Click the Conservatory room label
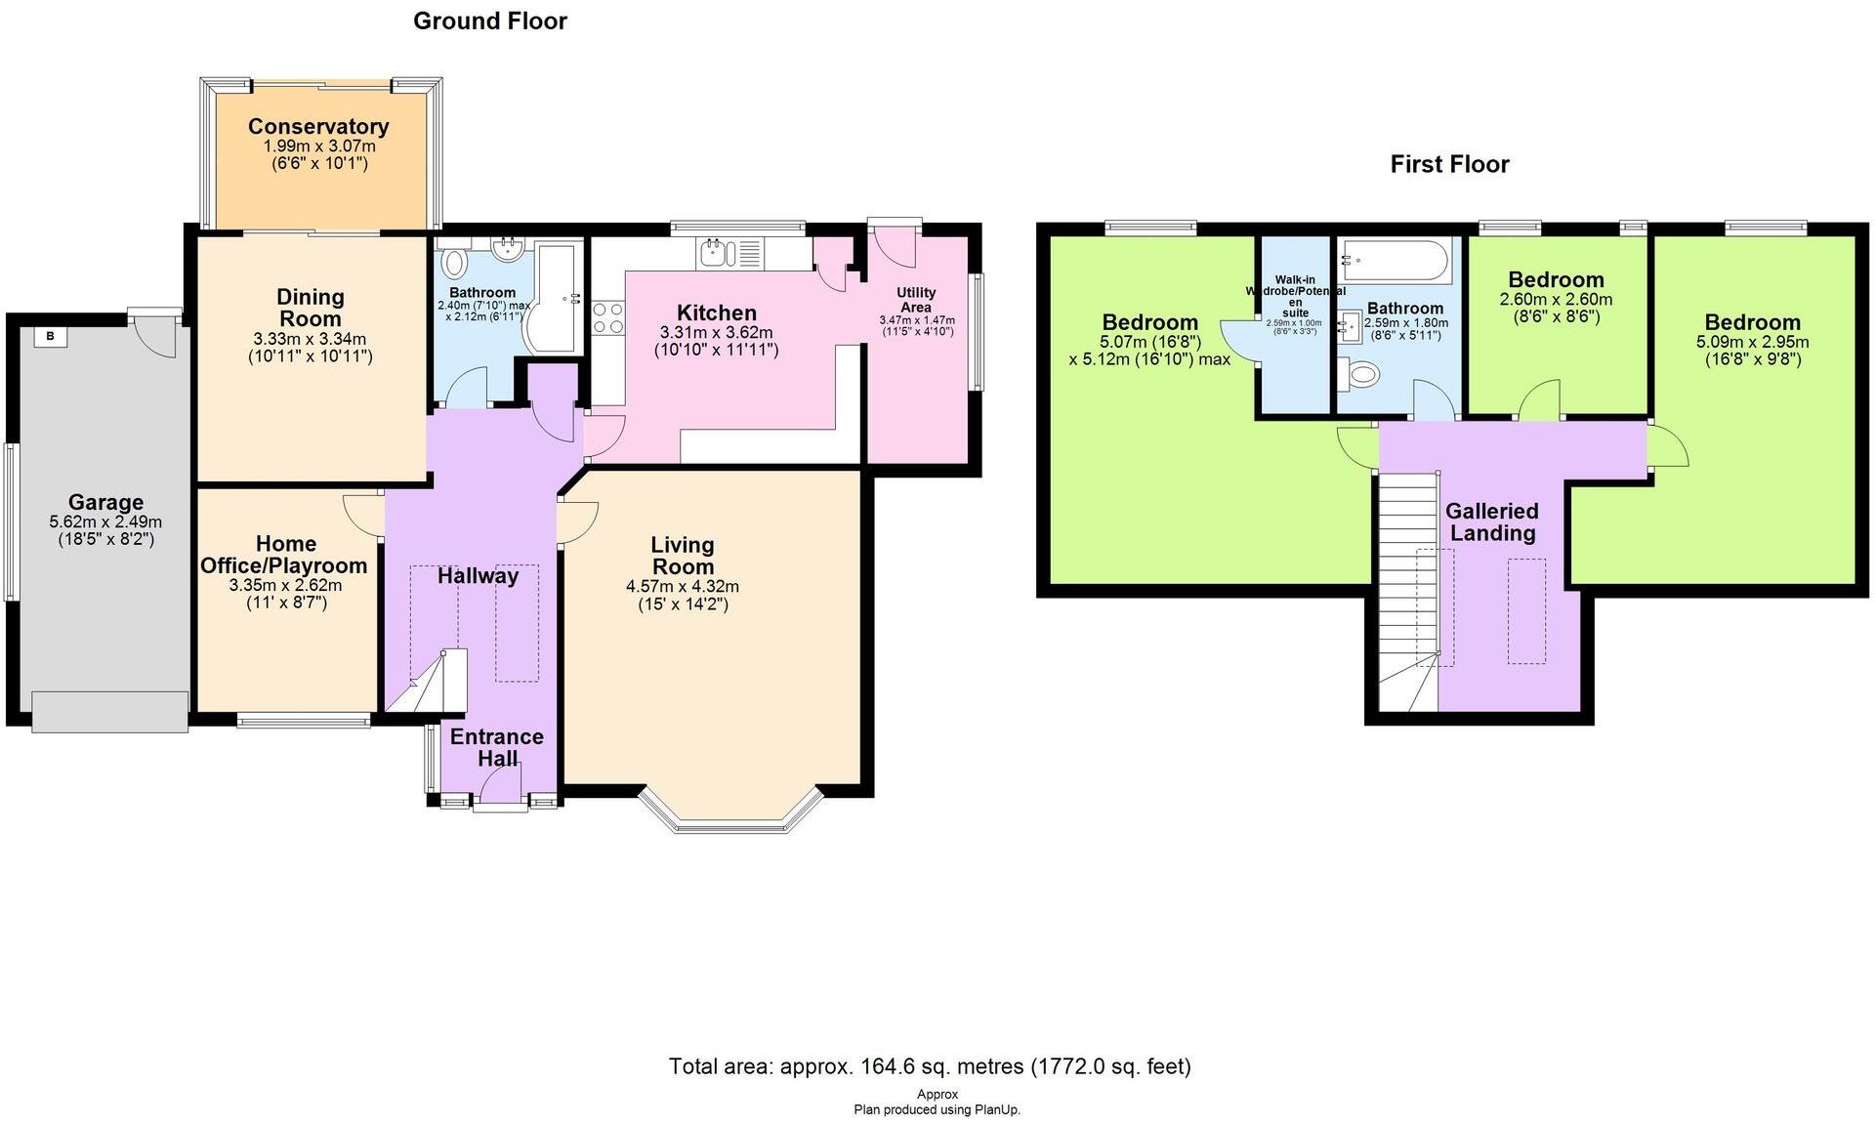(318, 126)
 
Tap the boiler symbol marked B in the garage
(50, 338)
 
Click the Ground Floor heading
(489, 21)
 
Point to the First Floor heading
(1449, 164)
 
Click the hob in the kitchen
(607, 319)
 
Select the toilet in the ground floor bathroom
(455, 264)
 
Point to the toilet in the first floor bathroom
(1361, 373)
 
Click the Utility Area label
(916, 300)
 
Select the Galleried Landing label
(1491, 521)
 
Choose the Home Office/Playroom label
(284, 555)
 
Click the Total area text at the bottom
(929, 1065)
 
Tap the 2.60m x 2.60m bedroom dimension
(1555, 300)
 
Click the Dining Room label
(310, 308)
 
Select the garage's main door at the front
(109, 711)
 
